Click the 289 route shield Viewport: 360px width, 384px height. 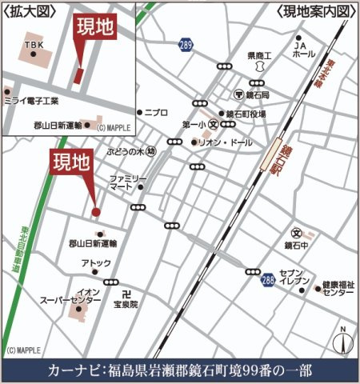186,45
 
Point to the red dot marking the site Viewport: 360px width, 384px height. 96,212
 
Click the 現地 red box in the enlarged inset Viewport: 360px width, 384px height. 94,28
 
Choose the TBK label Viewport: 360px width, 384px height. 34,45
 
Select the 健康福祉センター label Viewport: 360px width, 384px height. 338,289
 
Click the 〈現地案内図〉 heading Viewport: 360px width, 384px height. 313,12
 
